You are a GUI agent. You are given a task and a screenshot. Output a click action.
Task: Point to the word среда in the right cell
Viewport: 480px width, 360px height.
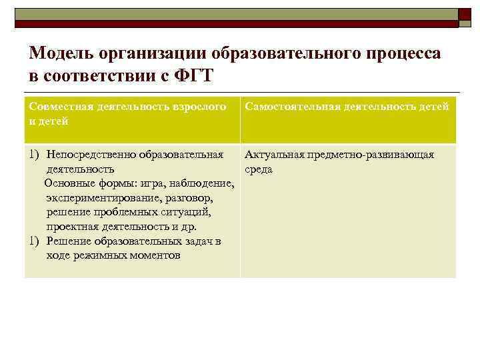[x=259, y=169]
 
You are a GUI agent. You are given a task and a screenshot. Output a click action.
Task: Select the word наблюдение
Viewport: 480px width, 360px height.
[x=199, y=184]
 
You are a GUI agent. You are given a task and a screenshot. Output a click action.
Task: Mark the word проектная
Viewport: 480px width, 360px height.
[x=71, y=227]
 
